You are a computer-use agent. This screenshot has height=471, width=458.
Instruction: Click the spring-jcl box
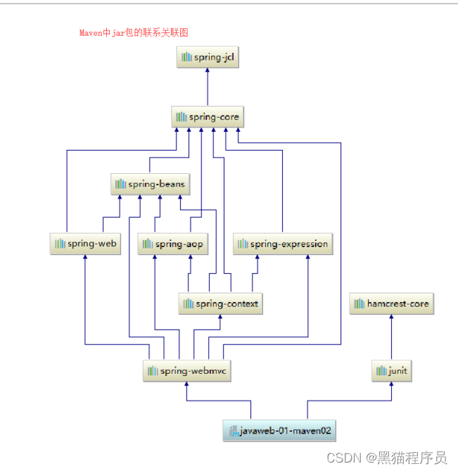208,57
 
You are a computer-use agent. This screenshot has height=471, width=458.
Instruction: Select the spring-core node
208,117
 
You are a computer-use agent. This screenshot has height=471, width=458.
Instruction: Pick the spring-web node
85,244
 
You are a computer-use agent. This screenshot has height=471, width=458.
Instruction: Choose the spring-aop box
172,244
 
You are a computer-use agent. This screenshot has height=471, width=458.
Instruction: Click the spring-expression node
282,244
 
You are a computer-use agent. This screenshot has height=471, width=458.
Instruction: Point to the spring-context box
220,303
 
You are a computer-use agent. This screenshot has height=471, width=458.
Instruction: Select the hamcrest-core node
391,303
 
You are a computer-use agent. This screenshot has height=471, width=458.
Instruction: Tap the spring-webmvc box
187,370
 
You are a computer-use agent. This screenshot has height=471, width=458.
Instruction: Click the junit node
391,370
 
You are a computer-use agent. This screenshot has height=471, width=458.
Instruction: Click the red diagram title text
134,32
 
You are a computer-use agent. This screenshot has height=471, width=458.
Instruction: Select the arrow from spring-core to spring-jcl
208,87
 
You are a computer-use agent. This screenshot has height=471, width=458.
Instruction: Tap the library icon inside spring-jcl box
186,57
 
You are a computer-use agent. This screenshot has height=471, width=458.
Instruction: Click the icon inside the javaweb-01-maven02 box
233,430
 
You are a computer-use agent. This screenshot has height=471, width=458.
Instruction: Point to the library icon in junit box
381,370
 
